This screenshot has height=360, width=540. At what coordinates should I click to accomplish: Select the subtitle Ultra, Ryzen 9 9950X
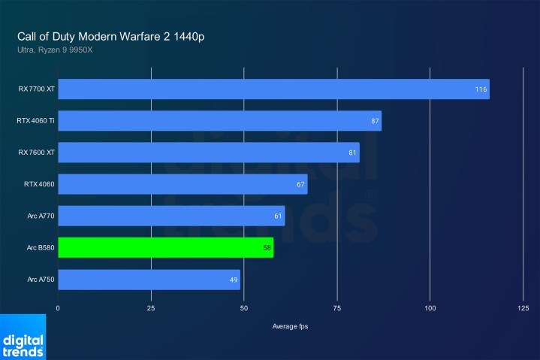click(x=56, y=50)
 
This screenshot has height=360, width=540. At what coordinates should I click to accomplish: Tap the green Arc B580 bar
click(x=165, y=247)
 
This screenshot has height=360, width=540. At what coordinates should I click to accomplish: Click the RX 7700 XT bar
click(x=273, y=89)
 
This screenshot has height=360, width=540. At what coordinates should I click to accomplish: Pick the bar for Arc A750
click(x=149, y=280)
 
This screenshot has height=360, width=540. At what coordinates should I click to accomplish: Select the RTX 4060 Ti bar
click(x=219, y=121)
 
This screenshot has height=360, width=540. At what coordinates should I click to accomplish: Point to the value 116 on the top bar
click(x=481, y=89)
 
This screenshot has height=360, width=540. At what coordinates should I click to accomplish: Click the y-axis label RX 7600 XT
click(x=36, y=153)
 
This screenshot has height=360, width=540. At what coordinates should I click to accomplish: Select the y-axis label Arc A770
click(x=40, y=216)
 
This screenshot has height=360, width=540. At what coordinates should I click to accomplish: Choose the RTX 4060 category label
click(x=39, y=184)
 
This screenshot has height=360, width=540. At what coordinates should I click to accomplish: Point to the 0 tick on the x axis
click(x=58, y=308)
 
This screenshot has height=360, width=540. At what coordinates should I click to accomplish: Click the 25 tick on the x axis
click(x=151, y=308)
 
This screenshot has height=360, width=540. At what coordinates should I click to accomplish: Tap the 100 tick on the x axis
click(x=430, y=308)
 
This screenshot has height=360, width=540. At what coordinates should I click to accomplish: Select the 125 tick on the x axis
click(x=523, y=308)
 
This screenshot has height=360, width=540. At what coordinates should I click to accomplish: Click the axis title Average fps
click(x=290, y=326)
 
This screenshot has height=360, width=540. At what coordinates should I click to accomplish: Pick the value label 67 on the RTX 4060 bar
click(x=300, y=184)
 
